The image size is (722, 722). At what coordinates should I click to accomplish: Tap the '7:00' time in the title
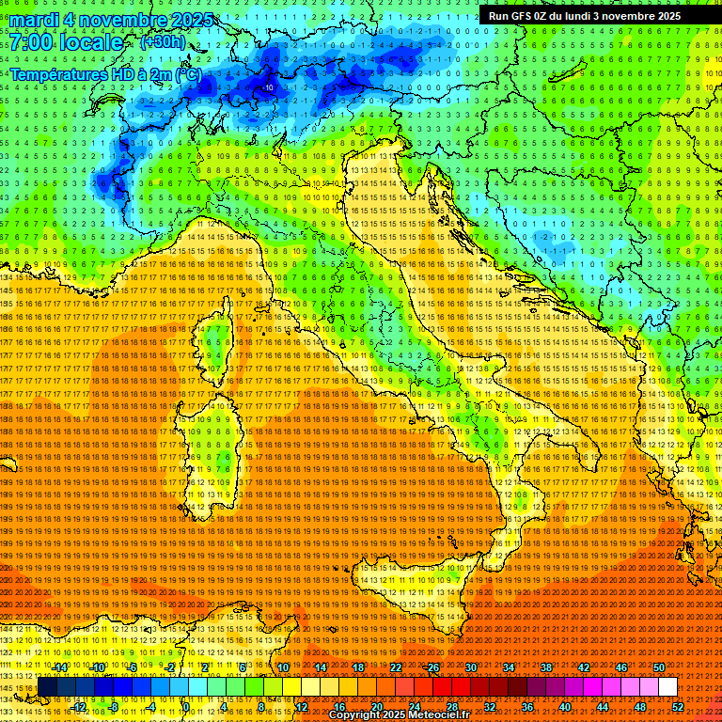[31, 43]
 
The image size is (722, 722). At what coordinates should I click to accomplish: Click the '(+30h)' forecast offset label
[163, 42]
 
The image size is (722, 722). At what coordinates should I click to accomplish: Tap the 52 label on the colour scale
[677, 706]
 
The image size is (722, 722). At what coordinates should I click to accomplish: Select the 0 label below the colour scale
[186, 706]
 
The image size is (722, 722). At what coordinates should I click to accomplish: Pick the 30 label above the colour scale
[469, 667]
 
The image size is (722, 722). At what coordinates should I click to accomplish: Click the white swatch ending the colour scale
[667, 686]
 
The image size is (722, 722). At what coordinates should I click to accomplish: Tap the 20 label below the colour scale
[376, 706]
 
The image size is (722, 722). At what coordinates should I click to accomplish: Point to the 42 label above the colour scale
[583, 667]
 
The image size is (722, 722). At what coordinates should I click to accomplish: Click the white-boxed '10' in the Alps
[270, 87]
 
